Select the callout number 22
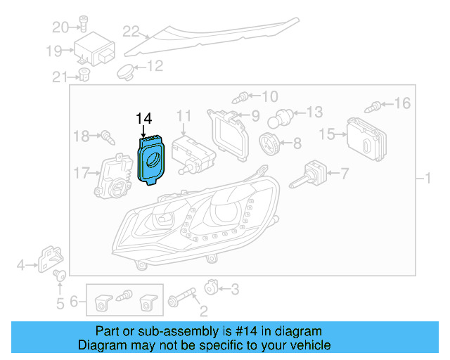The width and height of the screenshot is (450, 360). pyautogui.click(x=131, y=31)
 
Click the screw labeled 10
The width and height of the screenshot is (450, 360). pyautogui.click(x=243, y=96)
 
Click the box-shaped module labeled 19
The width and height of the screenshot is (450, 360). pyautogui.click(x=96, y=51)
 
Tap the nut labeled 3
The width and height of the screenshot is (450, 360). pyautogui.click(x=210, y=288)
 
